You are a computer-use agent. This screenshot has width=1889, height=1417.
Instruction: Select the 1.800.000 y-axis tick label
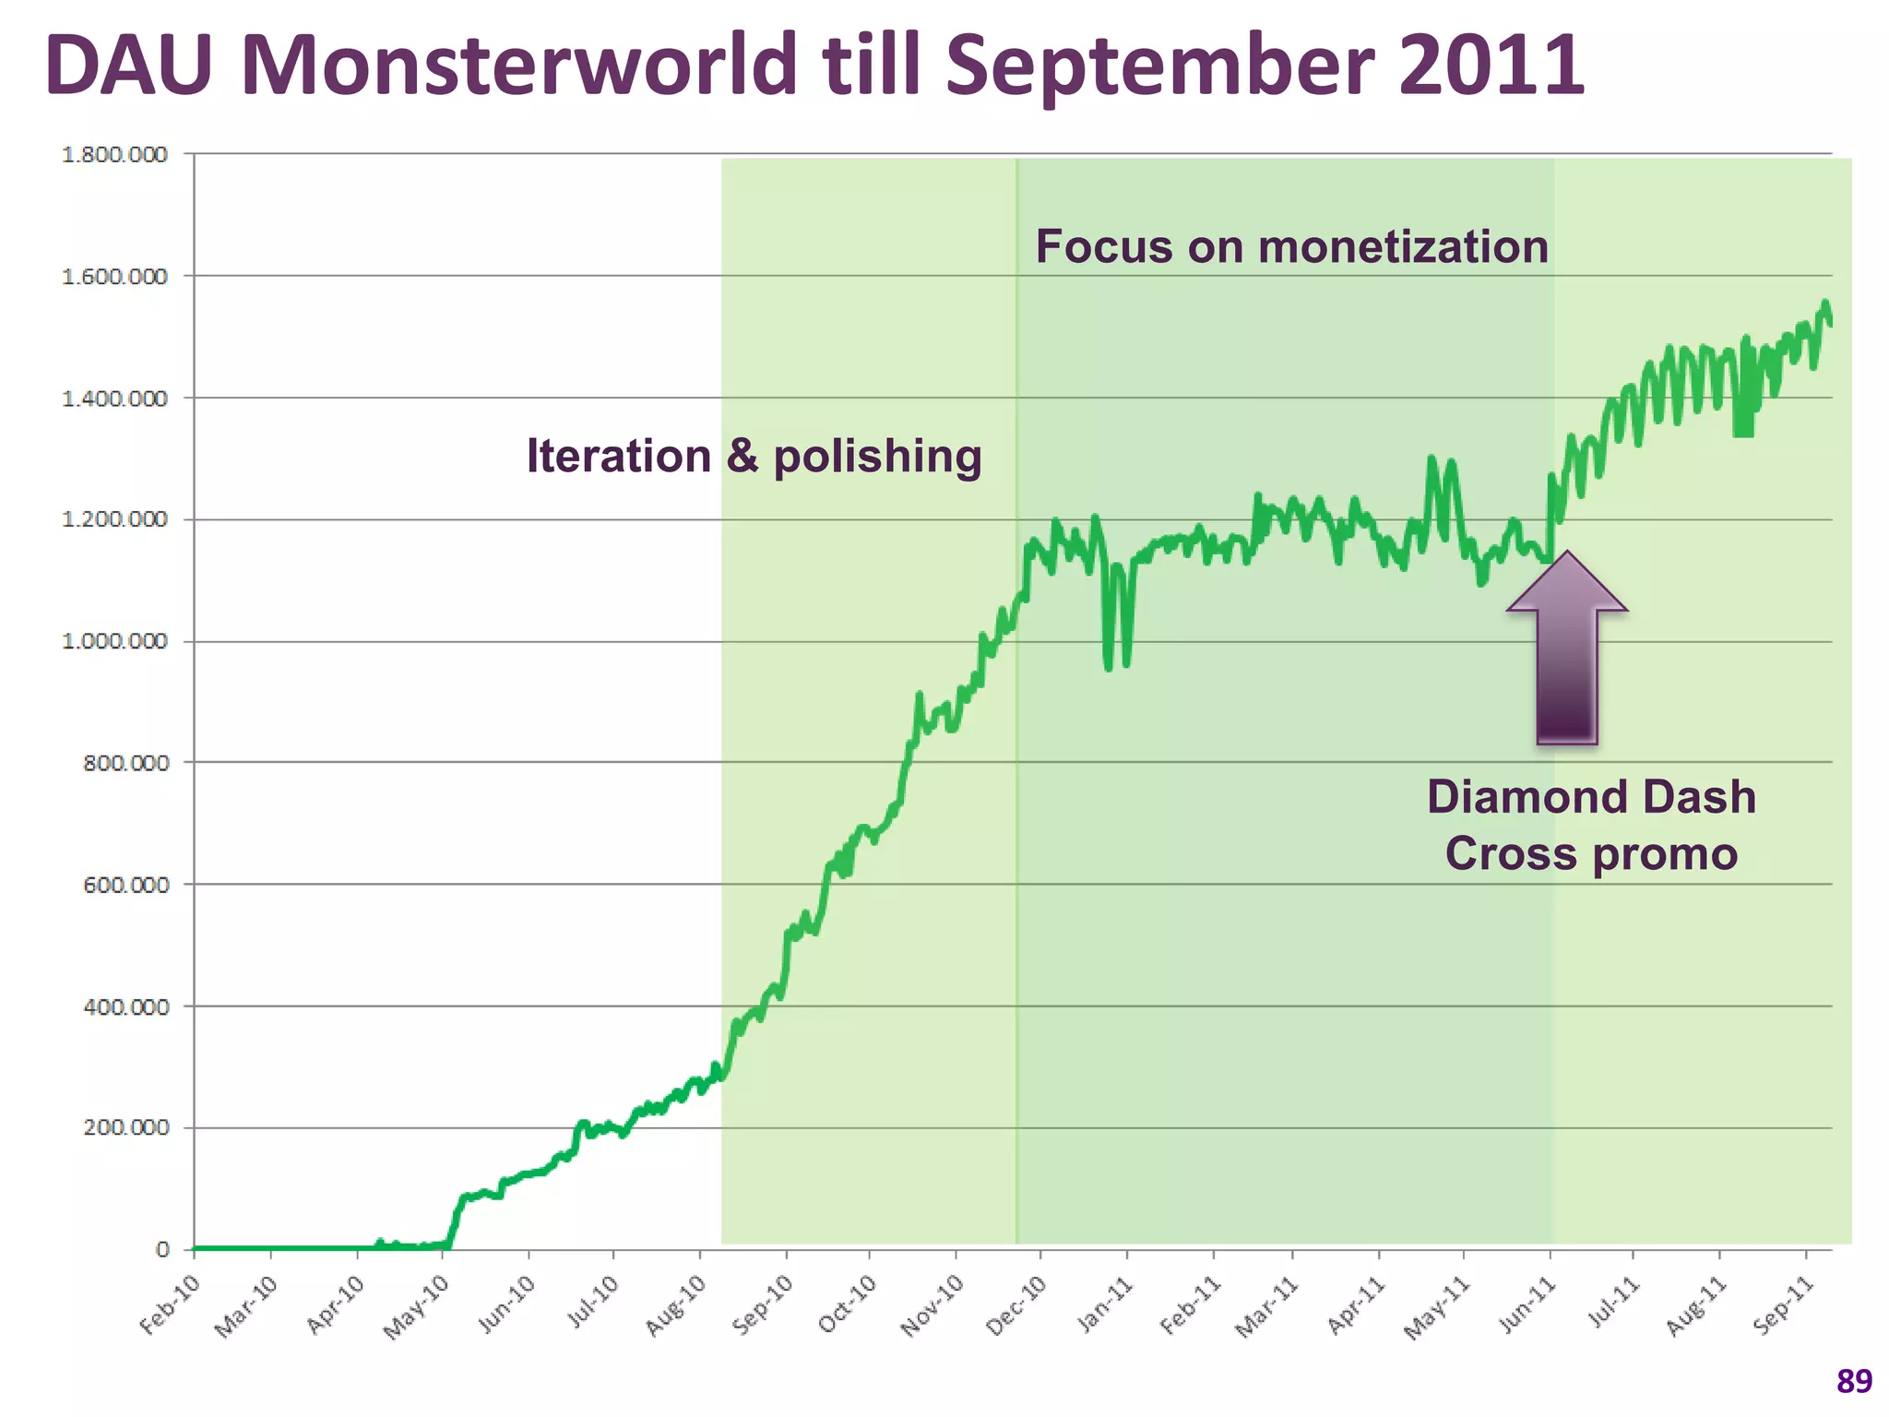(114, 154)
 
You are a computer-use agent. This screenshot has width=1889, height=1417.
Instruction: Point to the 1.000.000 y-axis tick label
(114, 641)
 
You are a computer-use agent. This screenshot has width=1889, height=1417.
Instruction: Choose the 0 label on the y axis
(163, 1249)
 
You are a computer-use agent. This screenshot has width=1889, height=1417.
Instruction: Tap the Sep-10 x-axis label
(762, 1304)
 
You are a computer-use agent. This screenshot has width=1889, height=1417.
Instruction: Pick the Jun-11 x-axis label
(1526, 1304)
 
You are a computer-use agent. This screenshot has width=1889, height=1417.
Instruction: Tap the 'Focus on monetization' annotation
(1291, 247)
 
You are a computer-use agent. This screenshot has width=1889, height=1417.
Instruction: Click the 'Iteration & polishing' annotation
(754, 457)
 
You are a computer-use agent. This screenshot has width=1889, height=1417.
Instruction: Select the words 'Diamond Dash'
(1591, 797)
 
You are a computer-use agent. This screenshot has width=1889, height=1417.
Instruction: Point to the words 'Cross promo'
(1591, 853)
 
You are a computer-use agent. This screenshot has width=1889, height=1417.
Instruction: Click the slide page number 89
(1854, 1381)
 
